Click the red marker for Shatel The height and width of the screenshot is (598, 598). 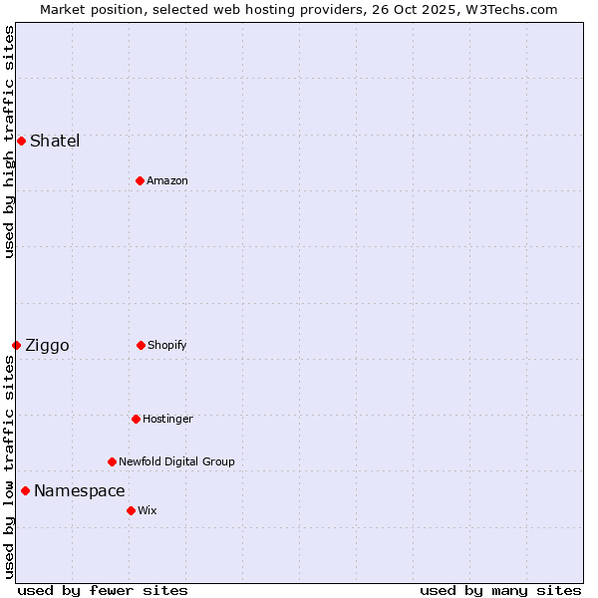21,141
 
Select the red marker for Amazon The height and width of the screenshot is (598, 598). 140,180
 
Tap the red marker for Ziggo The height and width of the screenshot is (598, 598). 16,345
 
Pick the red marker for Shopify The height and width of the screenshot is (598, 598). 141,345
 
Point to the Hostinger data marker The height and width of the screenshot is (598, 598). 136,419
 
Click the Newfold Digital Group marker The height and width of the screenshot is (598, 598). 112,461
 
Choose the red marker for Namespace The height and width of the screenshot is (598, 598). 25,490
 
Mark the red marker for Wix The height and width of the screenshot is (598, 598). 131,510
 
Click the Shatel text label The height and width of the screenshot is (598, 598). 55,141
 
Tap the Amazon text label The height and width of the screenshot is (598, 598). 167,180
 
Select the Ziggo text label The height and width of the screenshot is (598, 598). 47,345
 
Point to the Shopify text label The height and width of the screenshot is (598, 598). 167,345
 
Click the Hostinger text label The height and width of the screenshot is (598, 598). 167,419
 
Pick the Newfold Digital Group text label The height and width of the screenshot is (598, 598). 176,461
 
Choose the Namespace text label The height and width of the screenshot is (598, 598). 80,490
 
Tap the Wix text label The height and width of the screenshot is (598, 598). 148,510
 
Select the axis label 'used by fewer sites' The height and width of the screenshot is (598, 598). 103,590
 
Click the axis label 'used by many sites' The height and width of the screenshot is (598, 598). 500,590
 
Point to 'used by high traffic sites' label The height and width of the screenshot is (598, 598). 9,142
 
